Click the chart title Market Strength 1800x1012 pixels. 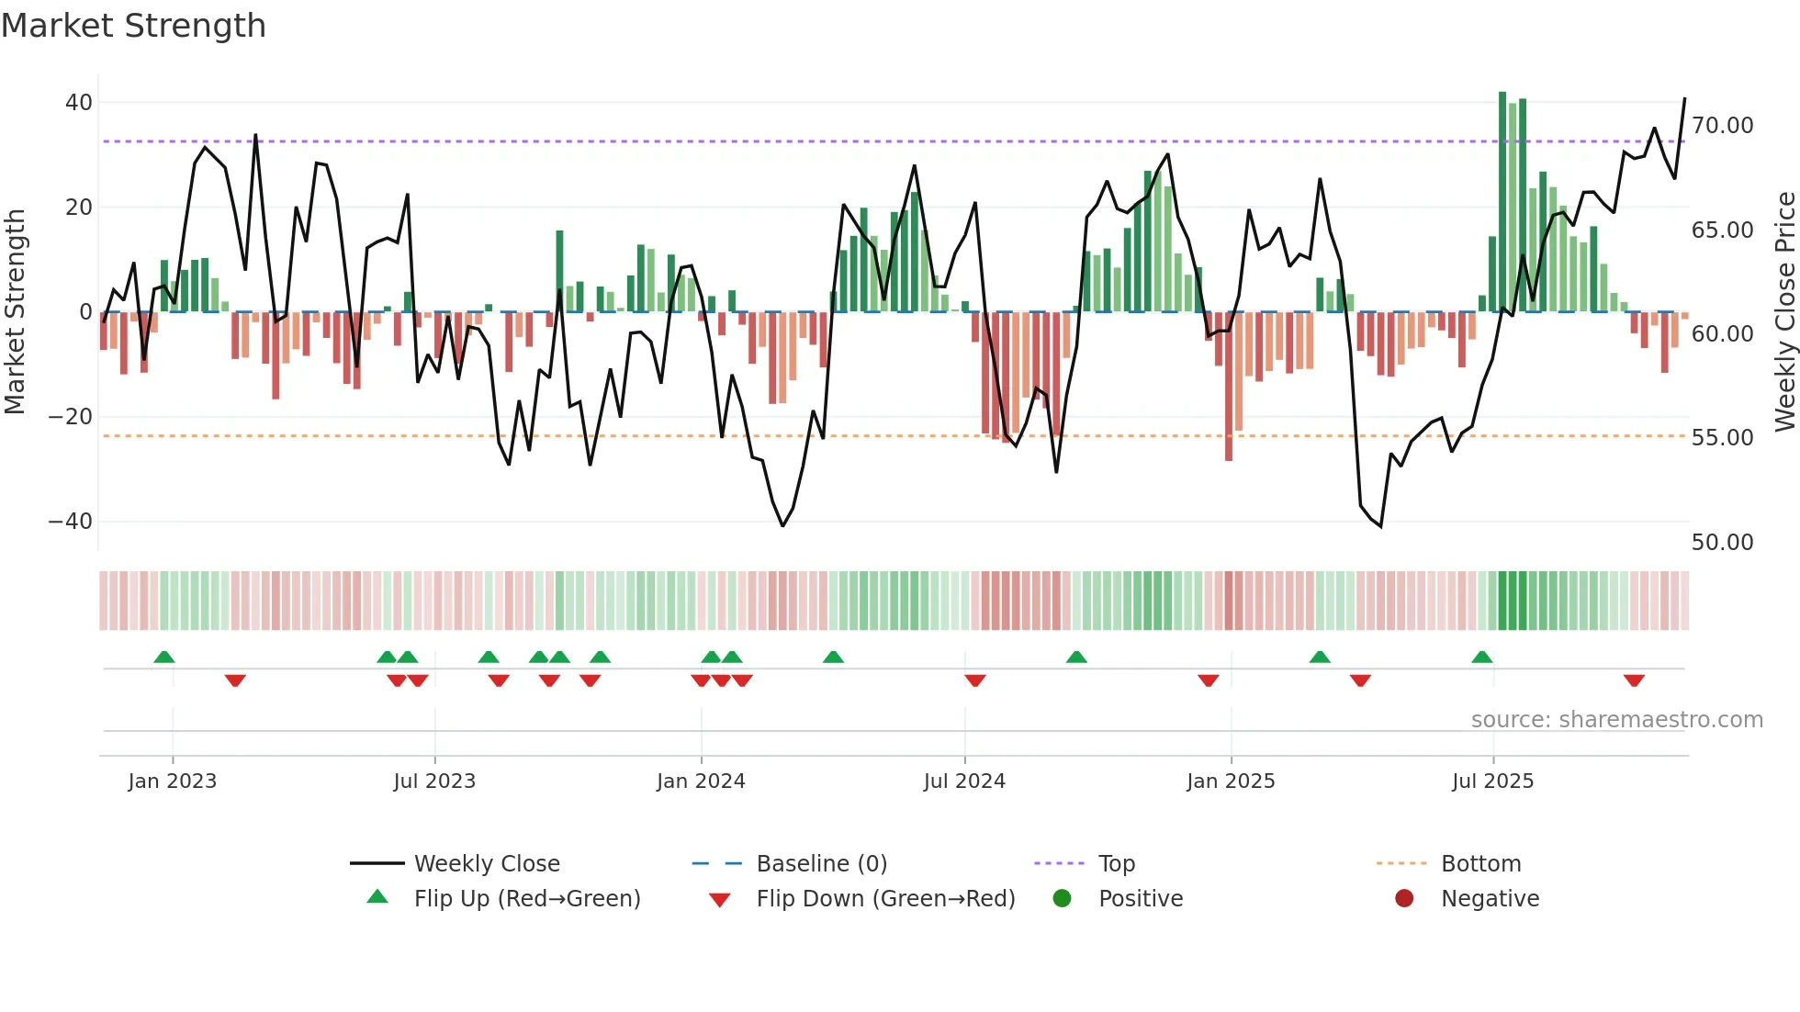click(133, 26)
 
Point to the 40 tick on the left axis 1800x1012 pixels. click(79, 103)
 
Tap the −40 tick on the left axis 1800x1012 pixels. click(71, 522)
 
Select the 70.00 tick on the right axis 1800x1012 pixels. click(1722, 126)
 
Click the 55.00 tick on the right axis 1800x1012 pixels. click(1722, 438)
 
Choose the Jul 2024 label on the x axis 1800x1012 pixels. click(964, 781)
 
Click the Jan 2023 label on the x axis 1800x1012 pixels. click(173, 781)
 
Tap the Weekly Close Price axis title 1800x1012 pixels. click(1784, 312)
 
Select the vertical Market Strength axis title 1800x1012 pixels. click(15, 312)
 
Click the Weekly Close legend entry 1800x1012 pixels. click(486, 864)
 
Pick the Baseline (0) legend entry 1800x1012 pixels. click(821, 864)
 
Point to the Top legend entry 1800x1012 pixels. click(1116, 864)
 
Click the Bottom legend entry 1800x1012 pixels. click(1480, 864)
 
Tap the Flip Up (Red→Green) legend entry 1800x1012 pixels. click(526, 899)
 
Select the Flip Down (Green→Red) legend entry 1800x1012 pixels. click(885, 899)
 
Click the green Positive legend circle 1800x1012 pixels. click(1063, 899)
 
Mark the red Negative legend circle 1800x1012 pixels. click(1404, 899)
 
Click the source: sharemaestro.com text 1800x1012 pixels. click(1616, 720)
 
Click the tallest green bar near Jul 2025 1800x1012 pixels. click(1502, 202)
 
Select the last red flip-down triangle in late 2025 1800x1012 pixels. click(1634, 680)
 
